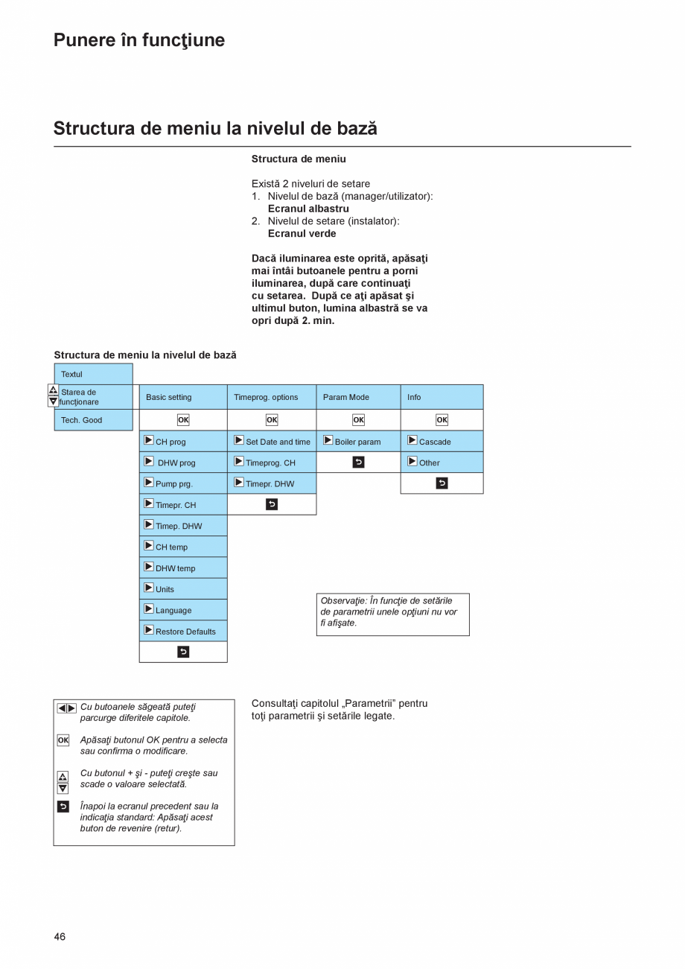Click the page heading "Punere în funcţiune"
tap(139, 40)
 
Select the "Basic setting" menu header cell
tap(183, 397)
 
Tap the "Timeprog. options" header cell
tap(271, 397)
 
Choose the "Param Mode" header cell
tap(358, 397)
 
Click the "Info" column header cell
tap(442, 397)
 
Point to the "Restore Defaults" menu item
tap(183, 631)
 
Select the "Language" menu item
tap(183, 610)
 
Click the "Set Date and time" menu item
tap(271, 441)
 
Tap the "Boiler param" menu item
tap(358, 441)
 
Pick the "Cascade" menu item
tap(442, 441)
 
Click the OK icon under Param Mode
tap(358, 420)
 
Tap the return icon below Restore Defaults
tap(183, 652)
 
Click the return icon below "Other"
tap(442, 483)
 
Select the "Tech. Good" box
tap(93, 420)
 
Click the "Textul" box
tap(93, 374)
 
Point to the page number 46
tap(60, 936)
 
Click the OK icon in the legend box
tap(63, 740)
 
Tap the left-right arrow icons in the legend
tap(66, 708)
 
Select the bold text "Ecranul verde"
tap(302, 233)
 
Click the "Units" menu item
tap(183, 588)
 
